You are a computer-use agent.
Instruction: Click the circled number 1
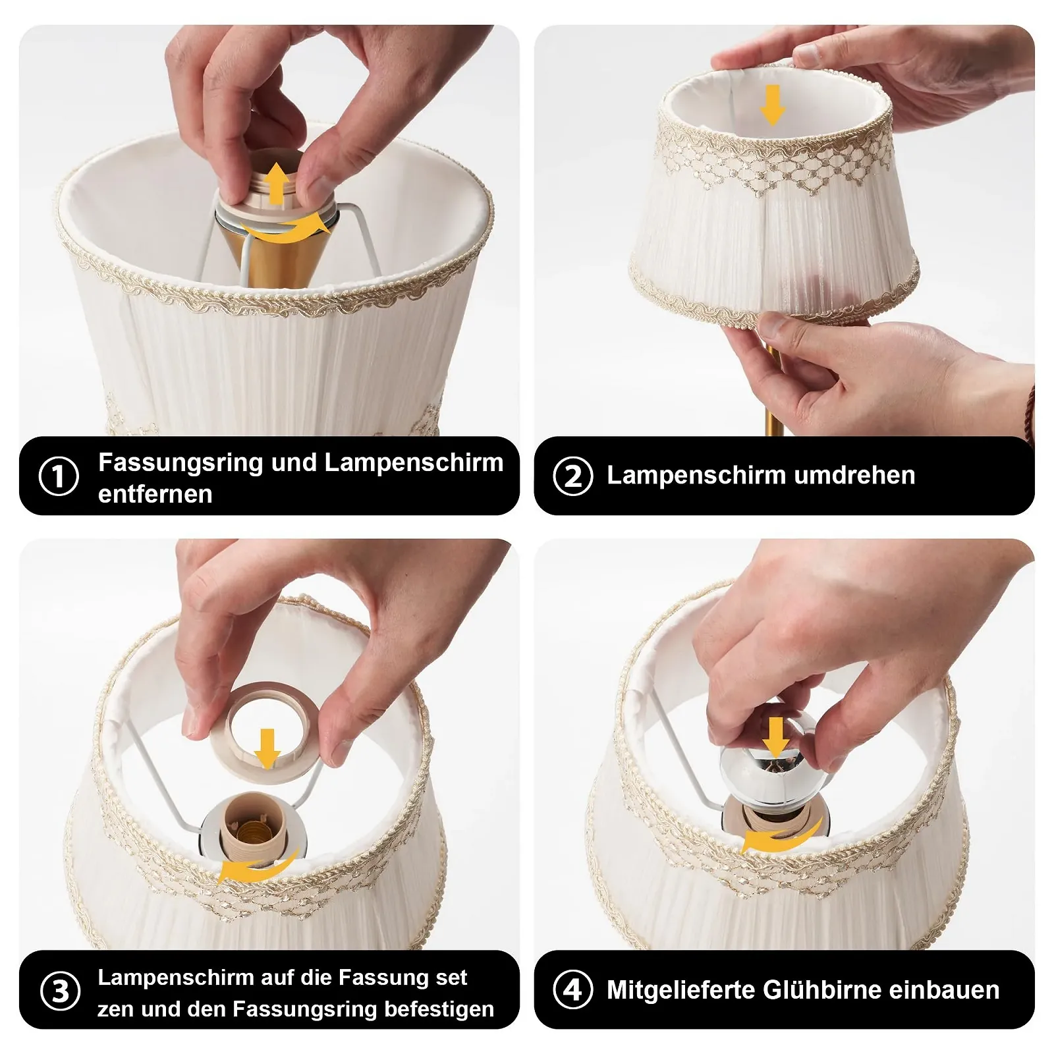pyautogui.click(x=59, y=476)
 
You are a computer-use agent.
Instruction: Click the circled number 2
pyautogui.click(x=573, y=476)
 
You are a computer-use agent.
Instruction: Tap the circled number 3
pyautogui.click(x=60, y=991)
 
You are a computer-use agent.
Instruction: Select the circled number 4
pyautogui.click(x=573, y=989)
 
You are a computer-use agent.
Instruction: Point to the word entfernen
pyautogui.click(x=155, y=494)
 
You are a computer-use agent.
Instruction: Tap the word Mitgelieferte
pyautogui.click(x=680, y=990)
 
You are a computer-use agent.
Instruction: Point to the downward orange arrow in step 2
pyautogui.click(x=773, y=105)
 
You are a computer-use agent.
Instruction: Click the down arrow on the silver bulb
pyautogui.click(x=777, y=737)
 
